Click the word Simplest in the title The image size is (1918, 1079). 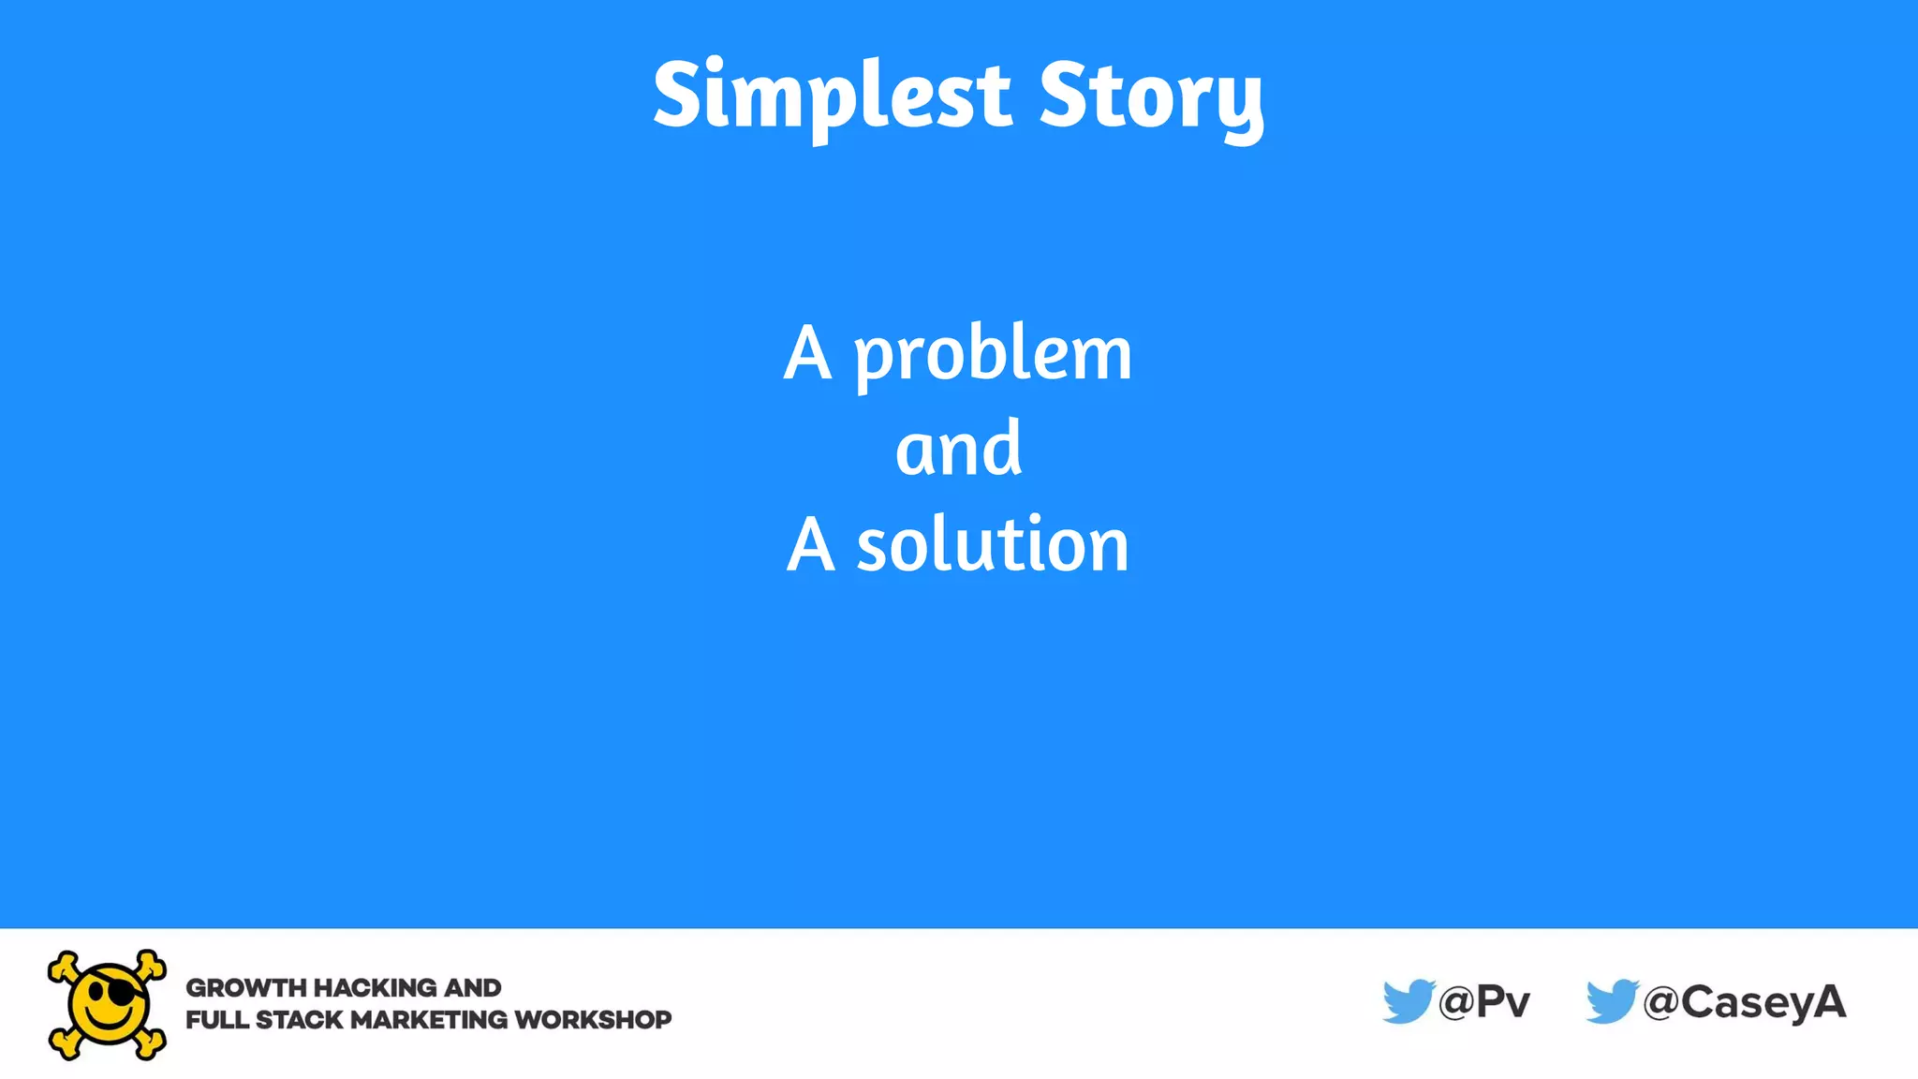[832, 96]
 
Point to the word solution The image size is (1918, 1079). [993, 545]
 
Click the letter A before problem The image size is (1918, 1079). [807, 354]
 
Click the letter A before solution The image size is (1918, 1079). [810, 545]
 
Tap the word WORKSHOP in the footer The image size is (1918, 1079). [593, 1020]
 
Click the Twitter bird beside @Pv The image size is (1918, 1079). [1408, 1001]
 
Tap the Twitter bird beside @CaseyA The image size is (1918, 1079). [1611, 1001]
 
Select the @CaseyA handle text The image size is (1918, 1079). [1745, 1002]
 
